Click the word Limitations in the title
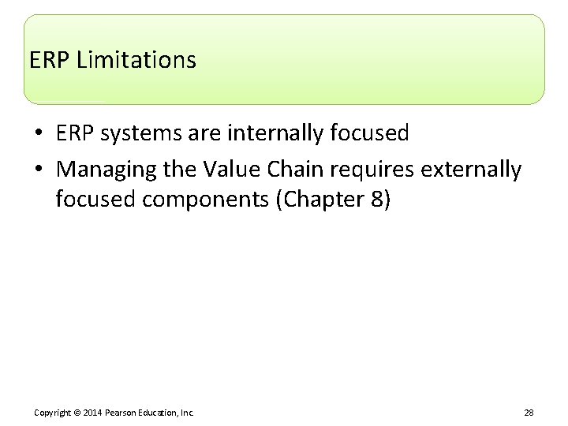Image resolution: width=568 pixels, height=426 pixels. click(136, 60)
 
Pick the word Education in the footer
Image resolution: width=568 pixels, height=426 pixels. click(160, 413)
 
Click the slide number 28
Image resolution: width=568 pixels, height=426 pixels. click(528, 413)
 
